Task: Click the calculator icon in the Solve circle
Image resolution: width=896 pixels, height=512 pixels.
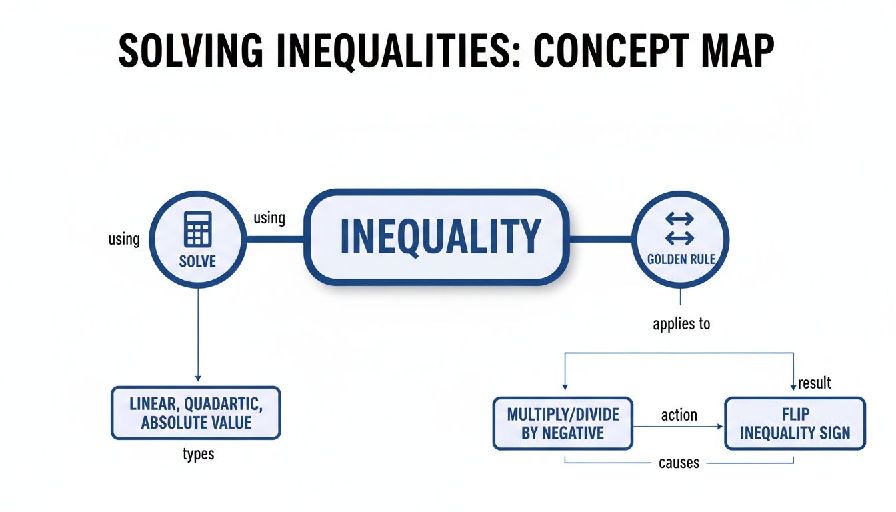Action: click(198, 229)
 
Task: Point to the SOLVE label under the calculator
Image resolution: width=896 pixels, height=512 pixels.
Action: click(198, 261)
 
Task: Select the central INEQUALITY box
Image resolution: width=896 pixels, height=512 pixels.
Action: click(438, 237)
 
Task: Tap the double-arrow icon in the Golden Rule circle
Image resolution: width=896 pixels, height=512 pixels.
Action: click(680, 228)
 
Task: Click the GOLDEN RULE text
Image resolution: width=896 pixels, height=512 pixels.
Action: click(681, 259)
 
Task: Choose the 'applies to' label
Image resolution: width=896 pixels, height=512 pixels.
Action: click(681, 325)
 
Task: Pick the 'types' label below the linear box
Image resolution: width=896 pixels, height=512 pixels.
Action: click(198, 455)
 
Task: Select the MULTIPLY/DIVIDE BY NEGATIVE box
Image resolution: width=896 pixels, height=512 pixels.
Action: click(563, 423)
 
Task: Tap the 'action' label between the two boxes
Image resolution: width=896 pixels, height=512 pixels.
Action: click(679, 415)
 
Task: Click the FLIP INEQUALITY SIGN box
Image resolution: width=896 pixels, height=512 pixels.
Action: click(795, 423)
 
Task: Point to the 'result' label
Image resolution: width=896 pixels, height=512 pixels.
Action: click(814, 383)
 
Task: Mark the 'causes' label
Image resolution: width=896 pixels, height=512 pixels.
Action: click(679, 462)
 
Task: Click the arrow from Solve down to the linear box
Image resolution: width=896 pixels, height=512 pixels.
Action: click(198, 333)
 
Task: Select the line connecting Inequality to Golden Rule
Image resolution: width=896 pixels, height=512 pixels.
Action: click(600, 237)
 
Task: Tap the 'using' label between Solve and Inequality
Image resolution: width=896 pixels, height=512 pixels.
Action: click(269, 217)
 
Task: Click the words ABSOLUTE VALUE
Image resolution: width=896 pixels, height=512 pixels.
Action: click(196, 422)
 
